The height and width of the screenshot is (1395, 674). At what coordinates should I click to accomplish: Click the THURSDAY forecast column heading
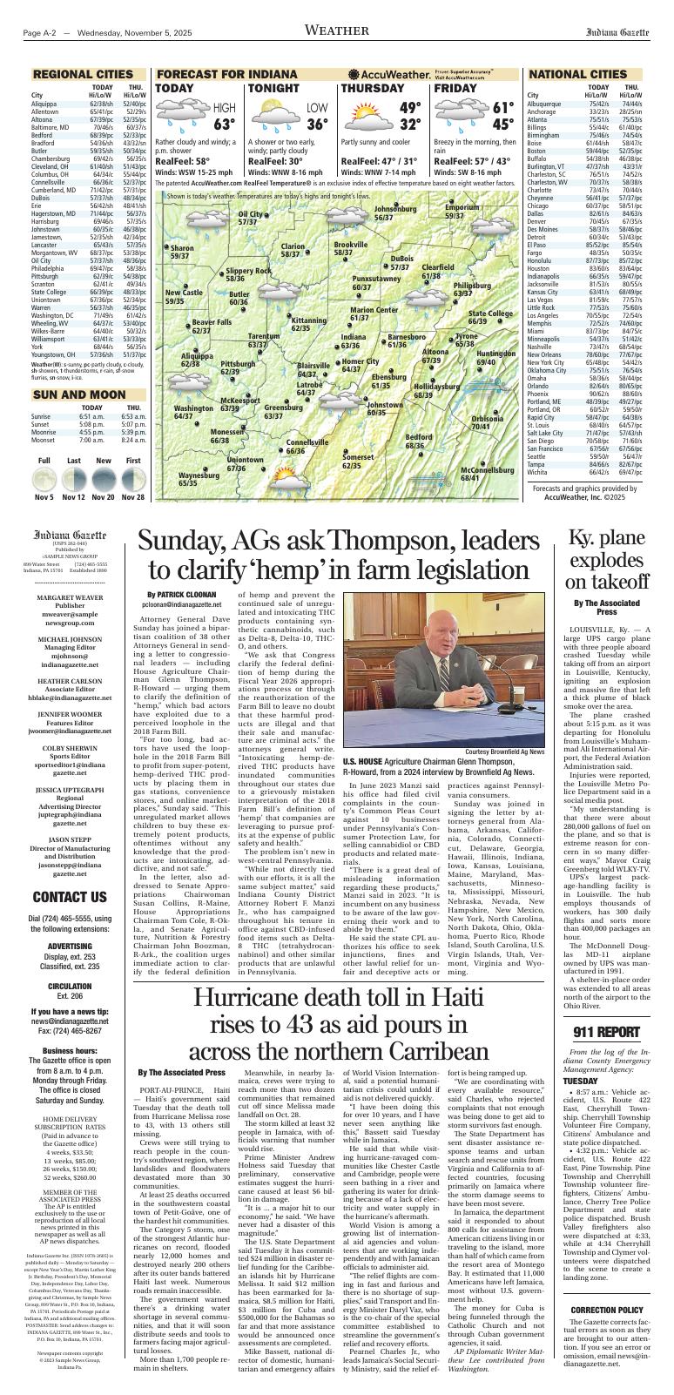[x=372, y=89]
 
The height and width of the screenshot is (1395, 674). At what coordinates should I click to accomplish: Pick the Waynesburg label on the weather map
[x=199, y=479]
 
